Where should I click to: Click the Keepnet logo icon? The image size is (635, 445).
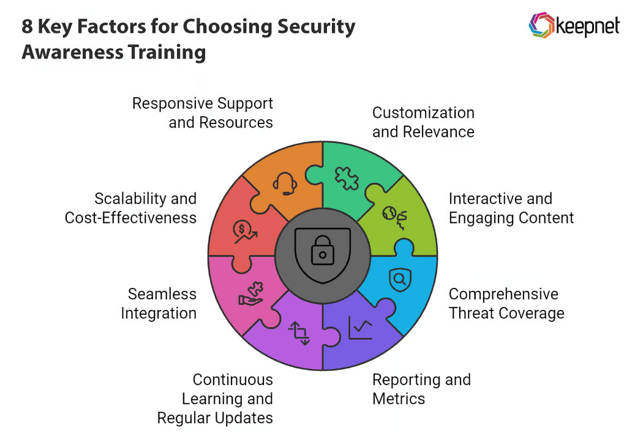[541, 25]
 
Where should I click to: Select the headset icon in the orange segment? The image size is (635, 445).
[285, 183]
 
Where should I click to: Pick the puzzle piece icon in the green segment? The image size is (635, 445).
[346, 177]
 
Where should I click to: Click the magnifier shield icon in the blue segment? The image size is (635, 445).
[400, 279]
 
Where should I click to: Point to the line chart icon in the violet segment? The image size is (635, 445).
[360, 328]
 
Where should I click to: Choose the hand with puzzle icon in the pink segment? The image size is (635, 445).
[251, 293]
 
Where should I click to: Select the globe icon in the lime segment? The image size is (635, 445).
[394, 215]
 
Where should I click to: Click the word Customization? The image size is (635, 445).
[423, 112]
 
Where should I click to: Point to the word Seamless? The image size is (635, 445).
[162, 294]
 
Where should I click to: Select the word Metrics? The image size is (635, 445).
[399, 399]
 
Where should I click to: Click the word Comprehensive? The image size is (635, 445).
[503, 294]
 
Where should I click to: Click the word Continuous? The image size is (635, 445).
[233, 380]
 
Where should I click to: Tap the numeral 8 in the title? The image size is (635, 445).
[28, 28]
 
